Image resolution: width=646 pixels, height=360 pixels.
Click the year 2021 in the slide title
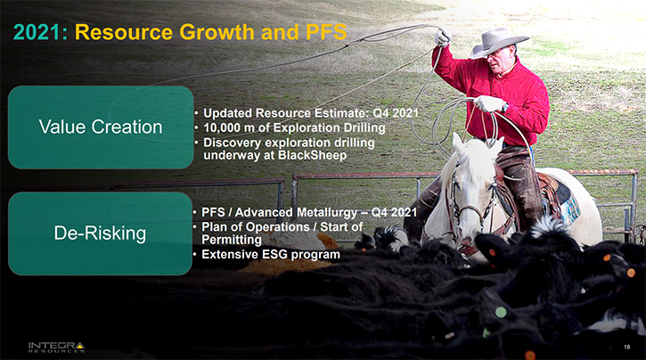coord(37,32)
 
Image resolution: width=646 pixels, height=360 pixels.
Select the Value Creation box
coord(101,127)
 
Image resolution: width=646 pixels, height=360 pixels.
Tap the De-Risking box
coord(100,233)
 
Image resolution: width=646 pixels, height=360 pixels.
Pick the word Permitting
coord(231,240)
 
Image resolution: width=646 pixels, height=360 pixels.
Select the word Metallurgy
coord(326,213)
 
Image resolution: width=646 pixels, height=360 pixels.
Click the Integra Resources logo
coord(56,348)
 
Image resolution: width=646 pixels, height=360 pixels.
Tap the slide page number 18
coord(626,347)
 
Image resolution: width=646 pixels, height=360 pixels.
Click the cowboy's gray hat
coord(498,42)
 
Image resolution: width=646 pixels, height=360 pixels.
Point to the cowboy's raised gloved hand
coord(443,37)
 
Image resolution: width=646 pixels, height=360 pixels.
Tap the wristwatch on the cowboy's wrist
coord(505,108)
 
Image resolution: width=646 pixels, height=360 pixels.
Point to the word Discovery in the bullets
coord(232,143)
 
